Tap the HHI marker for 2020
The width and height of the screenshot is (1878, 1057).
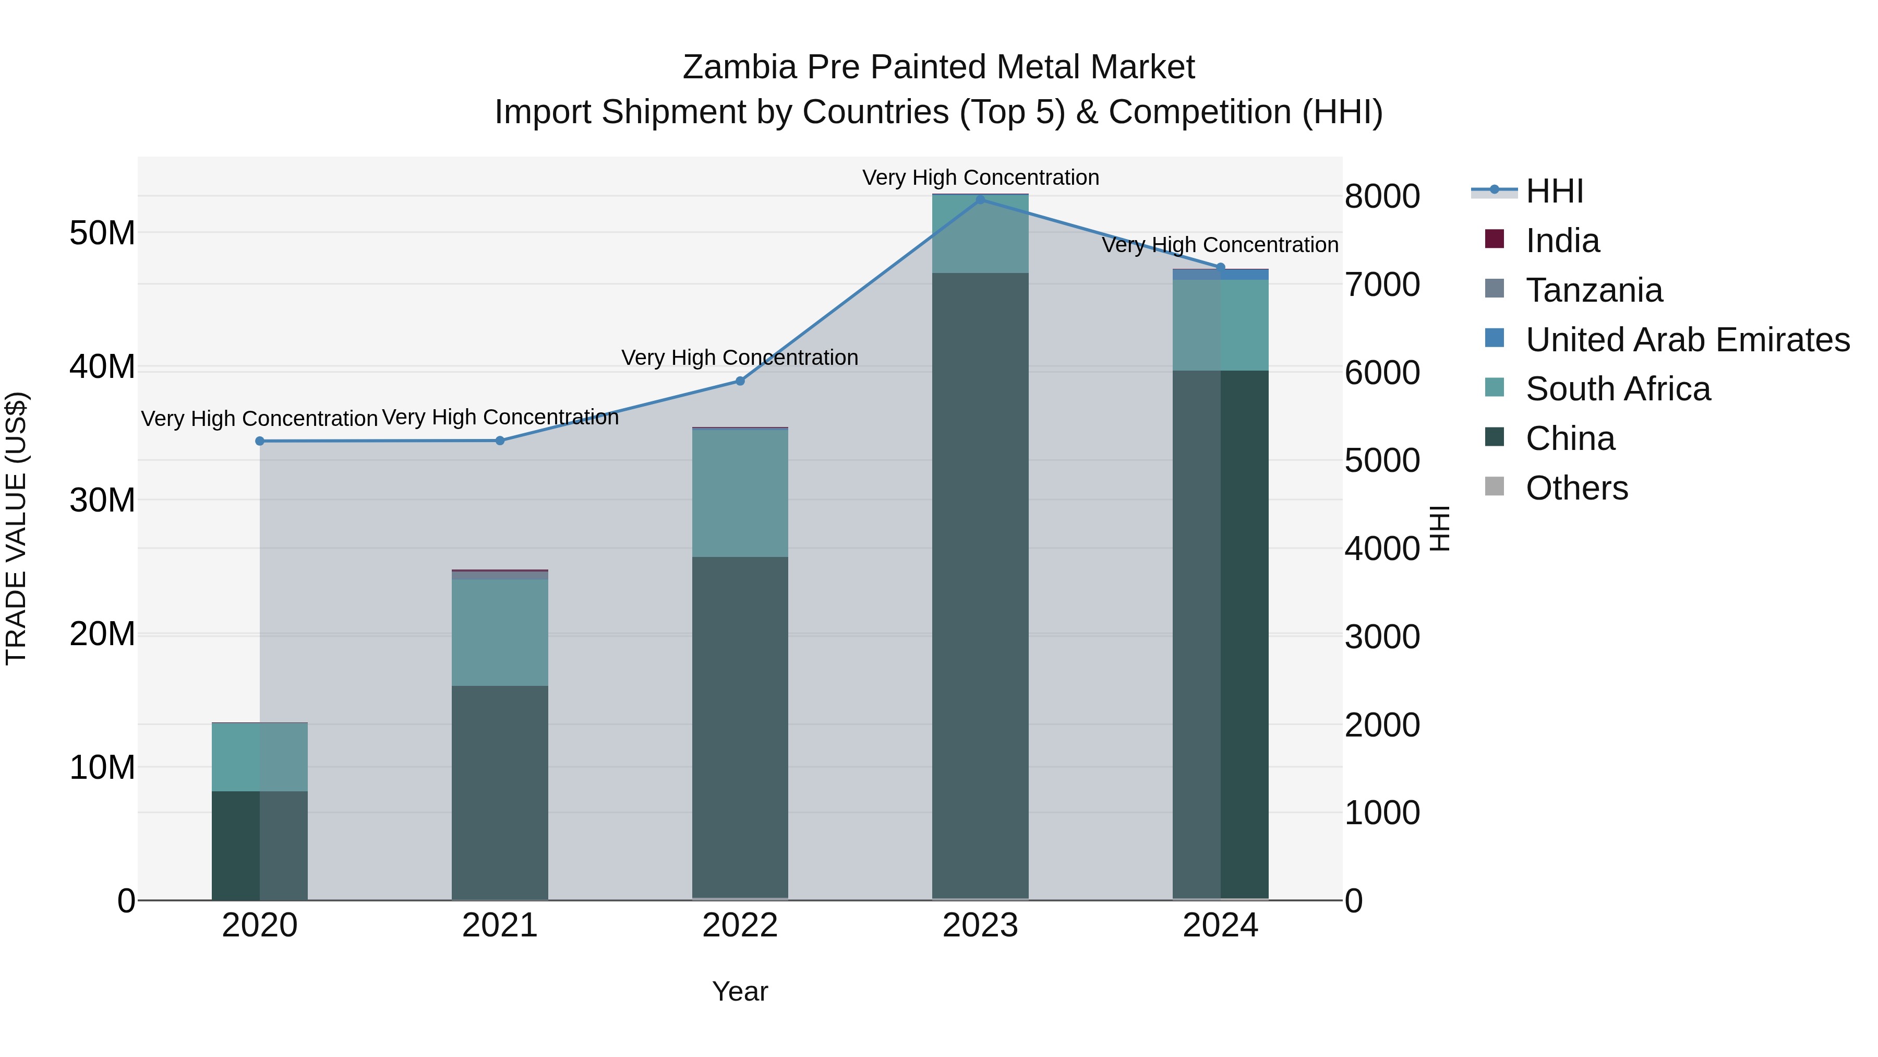[260, 441]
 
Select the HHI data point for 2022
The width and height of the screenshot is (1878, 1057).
[740, 381]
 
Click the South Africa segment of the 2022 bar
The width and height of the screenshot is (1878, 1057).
[740, 493]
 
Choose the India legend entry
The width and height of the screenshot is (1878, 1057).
[1562, 241]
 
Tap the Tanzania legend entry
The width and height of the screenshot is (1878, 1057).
[1594, 290]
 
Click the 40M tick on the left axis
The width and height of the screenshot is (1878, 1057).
[102, 367]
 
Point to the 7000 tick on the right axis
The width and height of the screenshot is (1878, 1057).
[1381, 285]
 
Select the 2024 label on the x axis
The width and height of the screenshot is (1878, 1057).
[1220, 925]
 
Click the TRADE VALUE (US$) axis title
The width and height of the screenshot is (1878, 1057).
[17, 528]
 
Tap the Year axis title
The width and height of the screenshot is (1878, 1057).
[739, 991]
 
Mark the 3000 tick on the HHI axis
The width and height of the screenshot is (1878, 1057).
[1381, 637]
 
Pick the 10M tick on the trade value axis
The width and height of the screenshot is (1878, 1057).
[102, 767]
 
